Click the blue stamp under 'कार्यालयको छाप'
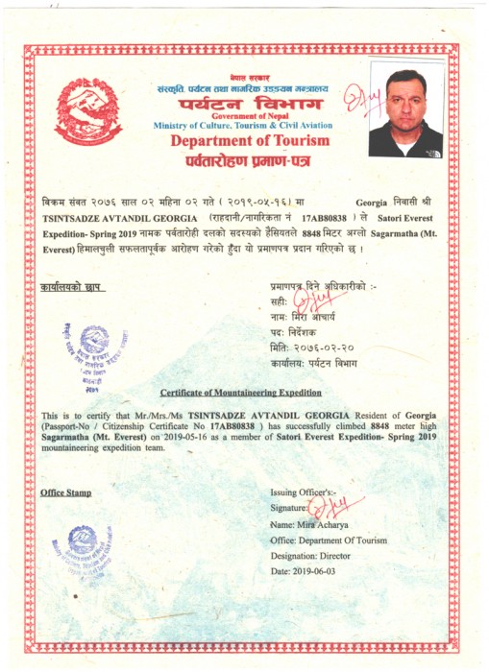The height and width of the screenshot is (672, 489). (x=96, y=350)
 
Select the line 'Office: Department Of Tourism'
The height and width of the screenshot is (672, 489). (x=329, y=540)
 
